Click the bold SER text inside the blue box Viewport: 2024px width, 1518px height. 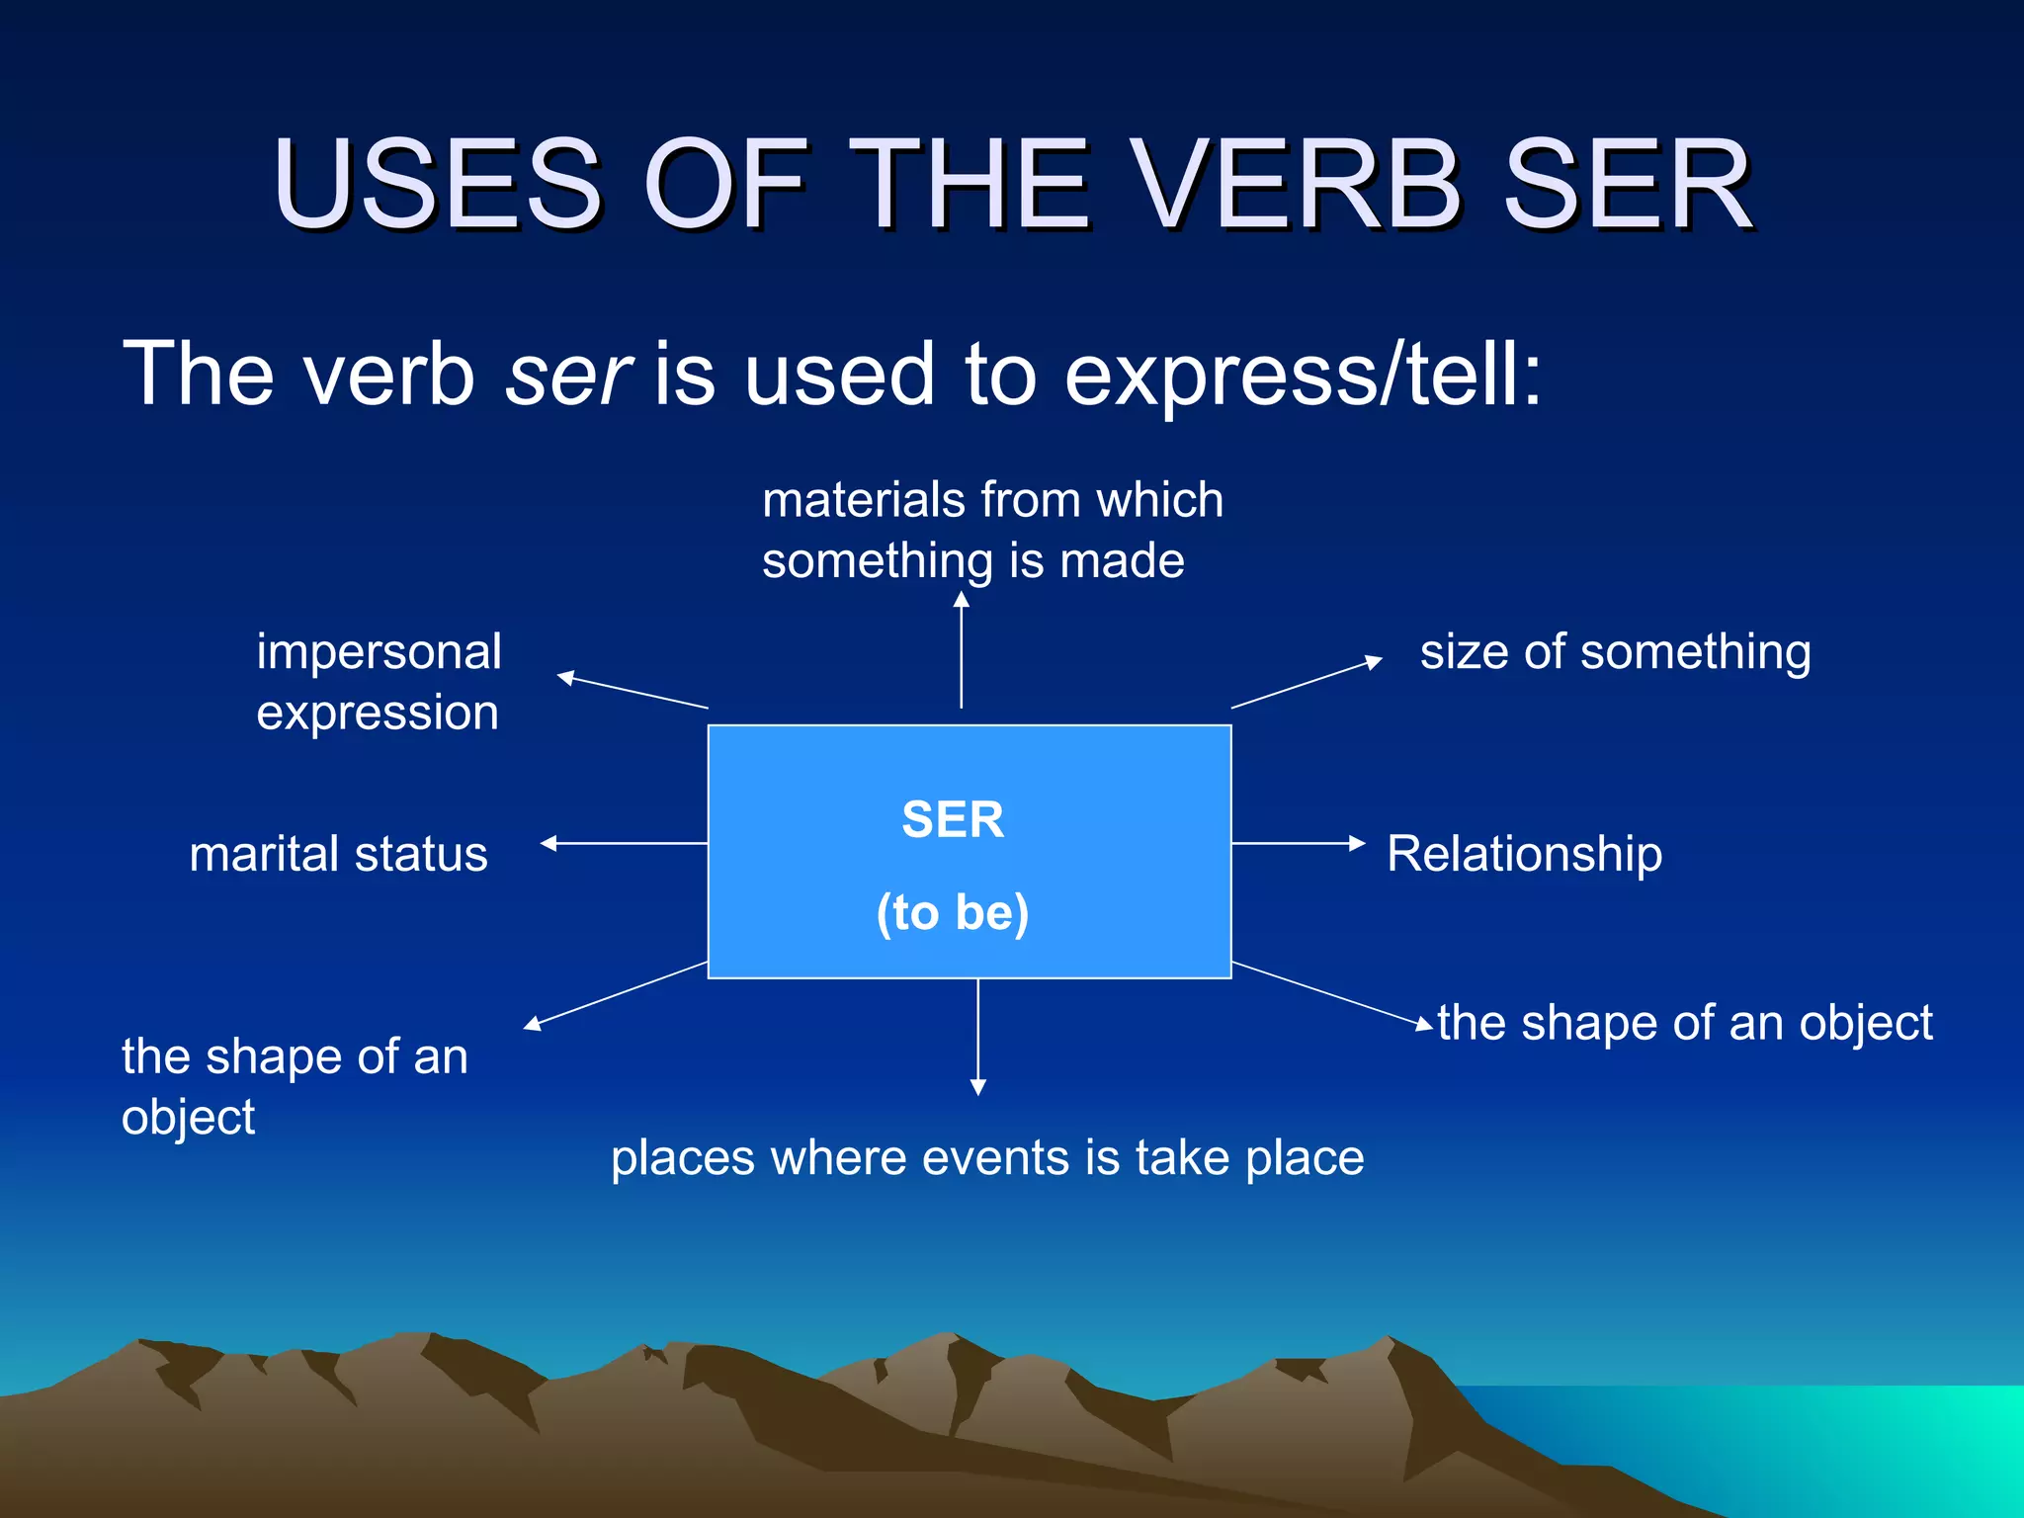coord(953,819)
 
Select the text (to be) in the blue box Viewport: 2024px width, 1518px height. coord(953,911)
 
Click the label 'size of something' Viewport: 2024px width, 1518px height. coord(1615,652)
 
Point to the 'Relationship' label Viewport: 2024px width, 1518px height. coord(1524,854)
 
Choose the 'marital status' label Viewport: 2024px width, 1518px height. coord(338,854)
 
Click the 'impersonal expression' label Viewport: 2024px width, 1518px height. coord(379,682)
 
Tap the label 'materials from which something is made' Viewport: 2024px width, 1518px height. coord(991,530)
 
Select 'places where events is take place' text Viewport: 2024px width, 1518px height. coord(986,1157)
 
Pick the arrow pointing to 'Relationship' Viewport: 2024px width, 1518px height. coord(1298,843)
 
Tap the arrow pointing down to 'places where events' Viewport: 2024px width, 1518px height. coord(978,1037)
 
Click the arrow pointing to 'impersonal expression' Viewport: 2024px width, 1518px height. coord(632,691)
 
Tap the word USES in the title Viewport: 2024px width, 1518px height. coord(437,185)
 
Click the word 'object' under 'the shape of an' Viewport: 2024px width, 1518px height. coord(188,1118)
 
